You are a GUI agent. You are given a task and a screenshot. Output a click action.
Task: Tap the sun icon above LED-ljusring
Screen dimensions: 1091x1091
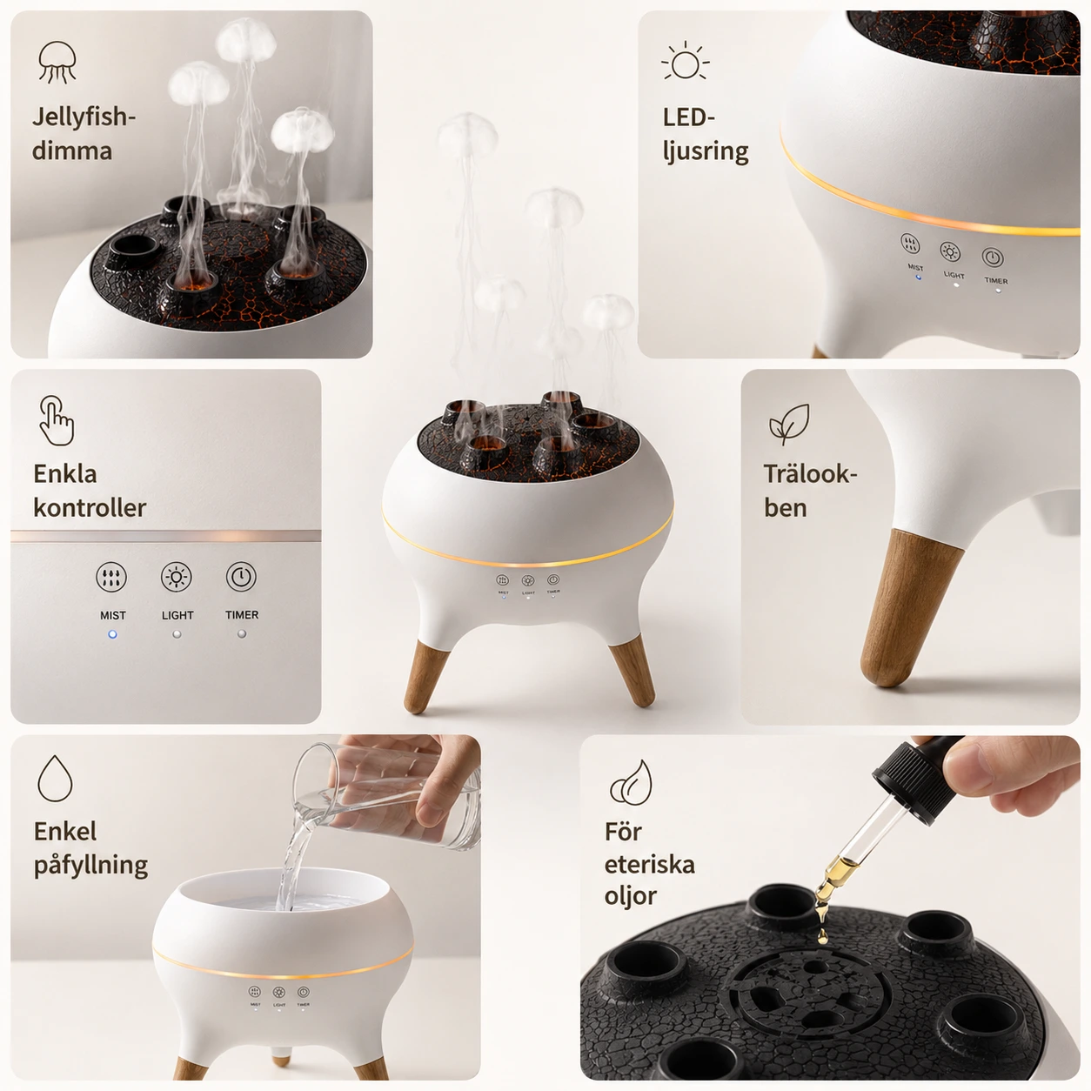pos(685,61)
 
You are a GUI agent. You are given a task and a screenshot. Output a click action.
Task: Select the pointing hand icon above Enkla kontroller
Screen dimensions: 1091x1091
pos(57,420)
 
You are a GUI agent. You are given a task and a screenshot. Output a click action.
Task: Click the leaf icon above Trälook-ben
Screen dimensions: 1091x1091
pos(788,424)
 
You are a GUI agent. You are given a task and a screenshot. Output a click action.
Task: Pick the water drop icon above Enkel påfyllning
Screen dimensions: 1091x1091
pos(55,778)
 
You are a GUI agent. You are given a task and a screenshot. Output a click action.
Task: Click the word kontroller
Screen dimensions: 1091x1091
pos(90,507)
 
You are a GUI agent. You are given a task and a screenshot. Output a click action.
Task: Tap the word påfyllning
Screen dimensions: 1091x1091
pos(90,866)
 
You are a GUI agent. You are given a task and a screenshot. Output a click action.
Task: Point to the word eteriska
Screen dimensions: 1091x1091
pos(649,865)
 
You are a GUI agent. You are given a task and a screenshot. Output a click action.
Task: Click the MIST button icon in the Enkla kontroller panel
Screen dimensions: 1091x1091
pos(111,577)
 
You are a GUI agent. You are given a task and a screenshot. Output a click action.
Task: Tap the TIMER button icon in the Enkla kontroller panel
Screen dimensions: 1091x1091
pos(241,577)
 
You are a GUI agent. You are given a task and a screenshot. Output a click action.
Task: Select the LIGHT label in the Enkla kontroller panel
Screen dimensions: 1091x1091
pos(177,615)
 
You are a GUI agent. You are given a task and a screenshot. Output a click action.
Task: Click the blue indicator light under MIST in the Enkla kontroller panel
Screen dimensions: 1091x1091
pos(112,634)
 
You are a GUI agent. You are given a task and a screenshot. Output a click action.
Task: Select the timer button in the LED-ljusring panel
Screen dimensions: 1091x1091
pos(993,258)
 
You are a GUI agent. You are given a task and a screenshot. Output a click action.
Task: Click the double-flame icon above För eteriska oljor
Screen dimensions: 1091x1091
pos(631,782)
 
